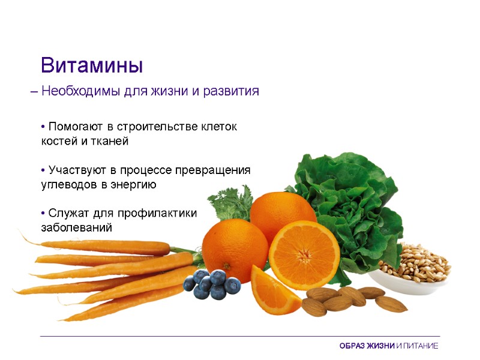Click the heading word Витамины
(92, 65)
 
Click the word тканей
(109, 141)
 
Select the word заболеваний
(76, 229)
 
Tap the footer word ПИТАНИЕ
(420, 346)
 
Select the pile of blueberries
(211, 284)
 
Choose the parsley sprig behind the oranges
(231, 202)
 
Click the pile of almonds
(348, 300)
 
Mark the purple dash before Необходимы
(34, 92)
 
